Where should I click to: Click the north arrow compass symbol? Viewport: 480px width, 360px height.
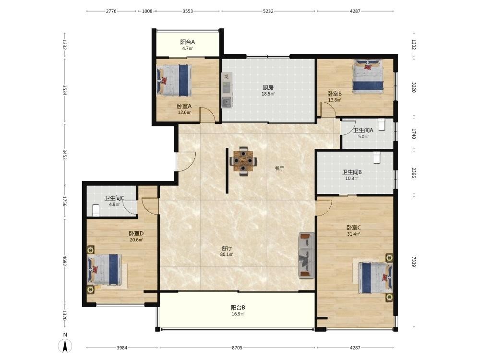[x=65, y=344]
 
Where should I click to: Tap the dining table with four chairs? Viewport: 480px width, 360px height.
[x=243, y=161]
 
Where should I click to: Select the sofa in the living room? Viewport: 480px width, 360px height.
[x=307, y=255]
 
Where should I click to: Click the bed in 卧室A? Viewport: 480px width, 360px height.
[x=174, y=81]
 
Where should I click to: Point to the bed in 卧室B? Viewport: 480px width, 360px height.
[x=368, y=76]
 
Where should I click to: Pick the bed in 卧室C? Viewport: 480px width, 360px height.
[x=375, y=277]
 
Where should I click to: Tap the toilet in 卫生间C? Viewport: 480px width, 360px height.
[x=96, y=211]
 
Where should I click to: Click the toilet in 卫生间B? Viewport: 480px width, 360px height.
[x=376, y=157]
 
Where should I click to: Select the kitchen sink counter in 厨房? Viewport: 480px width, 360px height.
[x=227, y=90]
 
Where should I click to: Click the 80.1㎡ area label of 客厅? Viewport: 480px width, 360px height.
[x=227, y=254]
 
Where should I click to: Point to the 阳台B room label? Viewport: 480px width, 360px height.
[x=238, y=308]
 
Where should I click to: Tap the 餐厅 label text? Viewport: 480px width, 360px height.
[x=279, y=168]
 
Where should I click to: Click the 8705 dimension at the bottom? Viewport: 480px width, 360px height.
[x=237, y=348]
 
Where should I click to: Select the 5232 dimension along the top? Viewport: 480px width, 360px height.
[x=268, y=11]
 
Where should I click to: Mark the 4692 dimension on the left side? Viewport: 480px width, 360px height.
[x=65, y=261]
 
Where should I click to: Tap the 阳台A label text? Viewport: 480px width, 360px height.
[x=188, y=42]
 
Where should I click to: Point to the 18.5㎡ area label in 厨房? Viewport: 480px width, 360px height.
[x=268, y=94]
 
